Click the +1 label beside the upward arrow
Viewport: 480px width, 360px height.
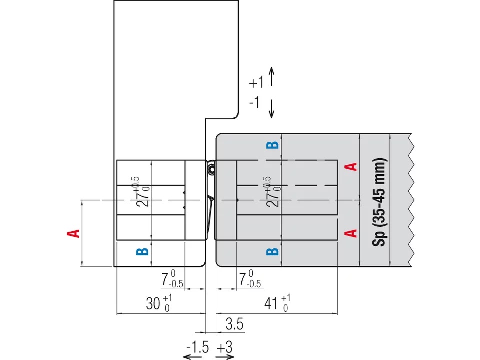coord(256,82)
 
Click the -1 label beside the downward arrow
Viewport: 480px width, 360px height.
coord(254,102)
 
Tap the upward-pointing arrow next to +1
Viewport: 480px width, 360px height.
coord(272,77)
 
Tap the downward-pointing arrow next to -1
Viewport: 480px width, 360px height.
coord(271,108)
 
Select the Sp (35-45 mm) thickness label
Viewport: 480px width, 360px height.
coord(380,202)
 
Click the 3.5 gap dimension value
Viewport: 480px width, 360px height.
coord(235,324)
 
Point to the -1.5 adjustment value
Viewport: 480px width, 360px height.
coord(198,347)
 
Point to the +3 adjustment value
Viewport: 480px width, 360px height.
coord(225,347)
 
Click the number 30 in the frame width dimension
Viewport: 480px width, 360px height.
coord(153,303)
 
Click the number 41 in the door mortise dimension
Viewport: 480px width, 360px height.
coord(271,303)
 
